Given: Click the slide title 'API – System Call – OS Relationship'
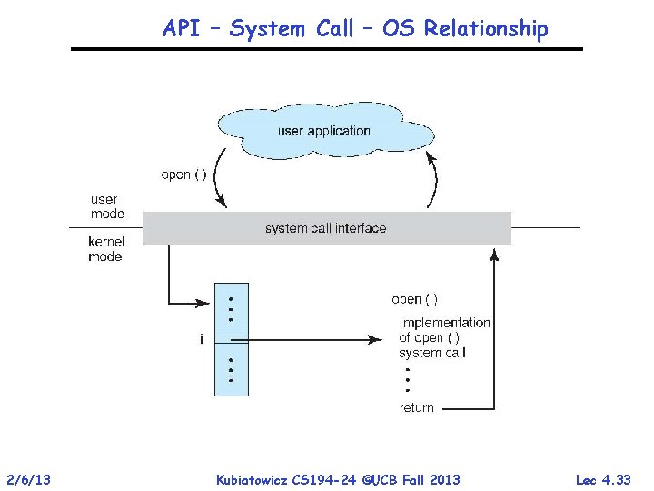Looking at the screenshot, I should (x=355, y=29).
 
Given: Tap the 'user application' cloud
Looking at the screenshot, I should (x=324, y=131).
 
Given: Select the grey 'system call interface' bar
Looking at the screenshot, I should (x=326, y=228).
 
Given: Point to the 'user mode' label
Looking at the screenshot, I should (x=107, y=206).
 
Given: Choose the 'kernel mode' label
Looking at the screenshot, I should (x=105, y=249).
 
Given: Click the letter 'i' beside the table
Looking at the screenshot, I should (x=202, y=339).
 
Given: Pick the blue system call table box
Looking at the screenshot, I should (x=231, y=338).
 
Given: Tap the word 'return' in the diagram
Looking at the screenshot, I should (x=417, y=407).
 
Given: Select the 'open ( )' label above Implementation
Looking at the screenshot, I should (x=414, y=299).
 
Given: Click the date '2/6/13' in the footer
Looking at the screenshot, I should (x=27, y=479).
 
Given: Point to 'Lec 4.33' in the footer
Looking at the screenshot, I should (x=603, y=479).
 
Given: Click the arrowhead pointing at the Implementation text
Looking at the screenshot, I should (x=376, y=339).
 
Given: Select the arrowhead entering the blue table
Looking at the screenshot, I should (x=209, y=302).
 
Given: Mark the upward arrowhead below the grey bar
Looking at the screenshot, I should (x=494, y=254).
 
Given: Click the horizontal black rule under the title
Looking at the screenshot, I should (x=327, y=48).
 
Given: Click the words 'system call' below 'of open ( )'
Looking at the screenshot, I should (x=432, y=353).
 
